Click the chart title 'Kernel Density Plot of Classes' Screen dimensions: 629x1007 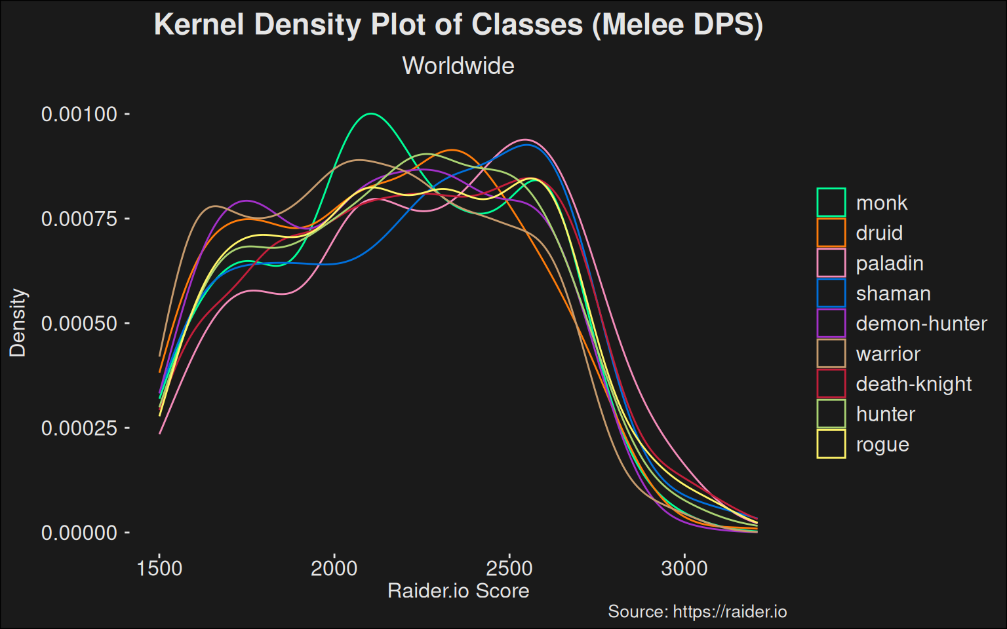458,25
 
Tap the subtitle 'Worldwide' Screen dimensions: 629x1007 458,66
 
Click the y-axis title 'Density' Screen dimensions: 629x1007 18,322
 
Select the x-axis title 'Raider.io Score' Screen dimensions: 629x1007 458,590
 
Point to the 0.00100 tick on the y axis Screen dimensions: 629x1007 79,114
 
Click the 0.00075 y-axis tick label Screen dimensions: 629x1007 79,218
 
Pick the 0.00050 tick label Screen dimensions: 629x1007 79,323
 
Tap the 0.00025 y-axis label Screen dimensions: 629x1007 79,428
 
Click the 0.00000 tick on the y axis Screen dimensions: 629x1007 79,533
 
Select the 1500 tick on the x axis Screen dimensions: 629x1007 159,567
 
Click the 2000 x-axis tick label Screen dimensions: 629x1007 334,567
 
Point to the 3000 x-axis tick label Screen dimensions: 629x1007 684,567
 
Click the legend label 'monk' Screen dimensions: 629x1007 882,203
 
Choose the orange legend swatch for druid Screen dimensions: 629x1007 831,233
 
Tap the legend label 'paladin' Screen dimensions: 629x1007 890,263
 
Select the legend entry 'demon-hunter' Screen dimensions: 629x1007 921,324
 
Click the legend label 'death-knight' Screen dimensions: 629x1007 913,384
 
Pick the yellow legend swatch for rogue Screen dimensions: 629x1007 831,444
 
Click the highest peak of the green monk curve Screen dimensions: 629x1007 371,114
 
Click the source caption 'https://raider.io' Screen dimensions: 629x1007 730,611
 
